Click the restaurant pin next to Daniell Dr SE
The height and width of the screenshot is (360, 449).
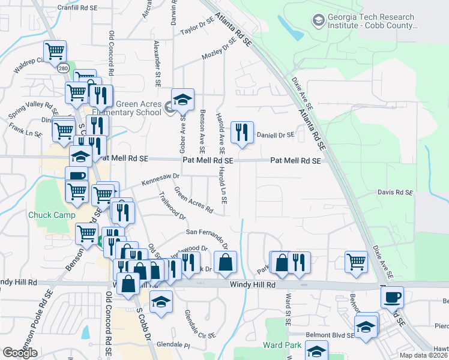[x=242, y=133]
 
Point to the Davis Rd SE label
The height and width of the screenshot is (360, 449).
[x=396, y=192]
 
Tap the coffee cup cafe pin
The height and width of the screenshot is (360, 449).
[x=392, y=297]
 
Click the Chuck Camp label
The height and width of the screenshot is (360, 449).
[x=52, y=215]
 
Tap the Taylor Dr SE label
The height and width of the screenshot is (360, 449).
[x=197, y=26]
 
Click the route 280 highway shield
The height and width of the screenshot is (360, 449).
[x=63, y=69]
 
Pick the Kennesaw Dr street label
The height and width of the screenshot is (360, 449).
[x=160, y=179]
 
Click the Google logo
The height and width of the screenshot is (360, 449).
[x=20, y=353]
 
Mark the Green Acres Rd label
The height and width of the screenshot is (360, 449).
[x=193, y=200]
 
